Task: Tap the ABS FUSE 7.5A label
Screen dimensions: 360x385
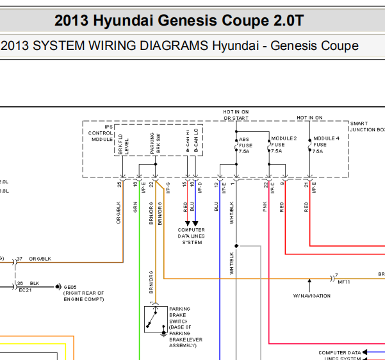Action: click(x=245, y=145)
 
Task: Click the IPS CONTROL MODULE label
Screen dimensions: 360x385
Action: click(x=101, y=133)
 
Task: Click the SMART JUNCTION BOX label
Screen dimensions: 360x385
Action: click(x=367, y=126)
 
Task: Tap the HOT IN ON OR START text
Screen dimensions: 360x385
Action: click(x=236, y=115)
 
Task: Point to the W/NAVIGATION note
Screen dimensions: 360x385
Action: click(x=311, y=296)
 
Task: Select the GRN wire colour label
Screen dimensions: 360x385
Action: click(x=135, y=208)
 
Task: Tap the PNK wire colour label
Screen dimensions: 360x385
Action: click(x=265, y=207)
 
